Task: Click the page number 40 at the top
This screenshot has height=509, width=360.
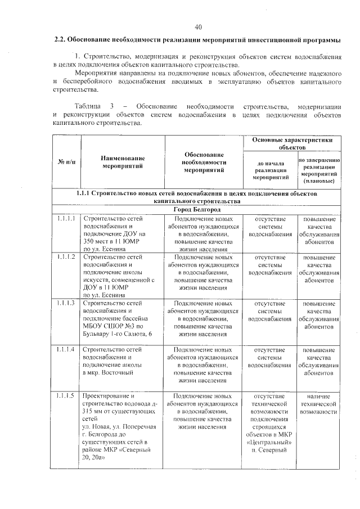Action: point(198,27)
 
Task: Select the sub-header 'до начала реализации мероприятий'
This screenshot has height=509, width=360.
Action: point(269,169)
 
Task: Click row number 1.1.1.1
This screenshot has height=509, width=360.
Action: point(66,219)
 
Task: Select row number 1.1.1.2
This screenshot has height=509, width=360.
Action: point(66,257)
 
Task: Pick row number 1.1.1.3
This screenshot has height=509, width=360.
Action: point(66,304)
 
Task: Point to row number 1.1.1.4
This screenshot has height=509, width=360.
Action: point(66,350)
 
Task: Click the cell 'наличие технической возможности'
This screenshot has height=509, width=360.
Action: point(318,404)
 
